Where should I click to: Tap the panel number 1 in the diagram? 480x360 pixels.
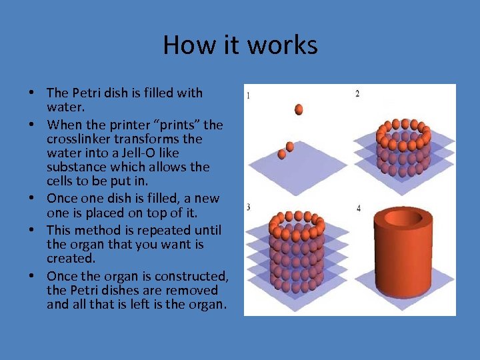pos(249,95)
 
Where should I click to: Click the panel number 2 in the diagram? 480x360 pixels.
pos(357,94)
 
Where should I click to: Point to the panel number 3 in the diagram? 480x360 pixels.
pos(248,207)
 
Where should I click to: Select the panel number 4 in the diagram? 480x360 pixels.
pos(359,209)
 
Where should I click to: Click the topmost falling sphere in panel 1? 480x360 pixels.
pos(299,109)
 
